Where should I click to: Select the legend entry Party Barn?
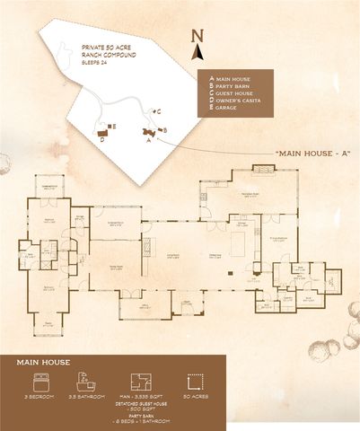234,86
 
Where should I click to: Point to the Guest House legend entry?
236,93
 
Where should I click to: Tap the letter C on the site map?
158,112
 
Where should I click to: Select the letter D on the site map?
101,139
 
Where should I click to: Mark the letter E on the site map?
112,127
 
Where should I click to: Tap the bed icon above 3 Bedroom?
34,383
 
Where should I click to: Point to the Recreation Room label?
250,192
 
